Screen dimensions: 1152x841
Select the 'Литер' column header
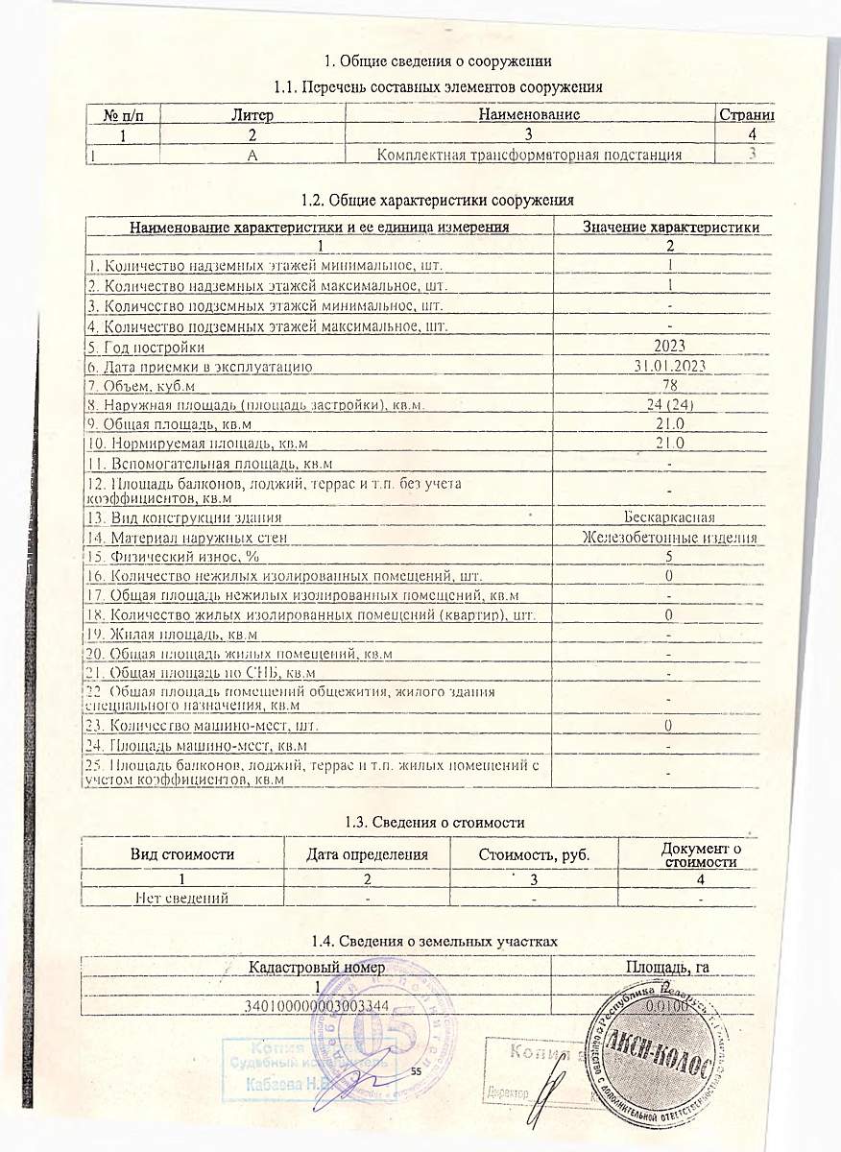tap(252, 115)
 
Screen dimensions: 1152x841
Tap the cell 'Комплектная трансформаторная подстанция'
tap(530, 155)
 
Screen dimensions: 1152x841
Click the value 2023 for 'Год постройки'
tap(669, 346)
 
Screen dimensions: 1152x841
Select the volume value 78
tap(669, 386)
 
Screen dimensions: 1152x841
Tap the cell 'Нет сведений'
tap(182, 898)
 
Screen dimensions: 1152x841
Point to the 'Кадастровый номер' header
tap(318, 968)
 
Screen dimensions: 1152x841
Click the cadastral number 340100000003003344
tap(318, 1005)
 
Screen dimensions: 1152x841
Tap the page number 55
tap(417, 1071)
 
